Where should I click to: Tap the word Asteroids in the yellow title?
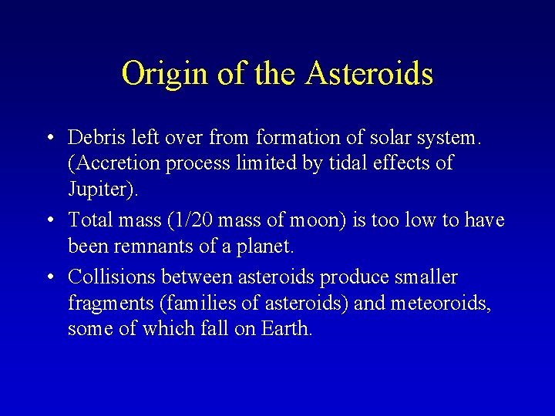pyautogui.click(x=369, y=74)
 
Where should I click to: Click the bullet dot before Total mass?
pyautogui.click(x=49, y=221)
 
